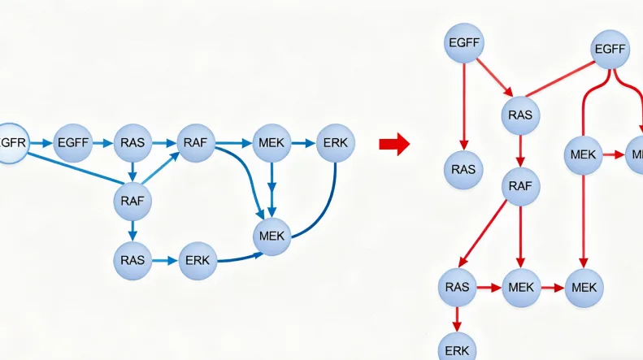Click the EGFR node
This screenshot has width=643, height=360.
pos(12,143)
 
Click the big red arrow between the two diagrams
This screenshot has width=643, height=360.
pos(393,145)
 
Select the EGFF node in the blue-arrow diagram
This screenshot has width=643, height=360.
pos(72,143)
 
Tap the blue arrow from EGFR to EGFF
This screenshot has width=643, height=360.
pos(41,143)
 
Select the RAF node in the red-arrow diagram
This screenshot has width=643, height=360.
pos(519,186)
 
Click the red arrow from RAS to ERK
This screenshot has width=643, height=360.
pos(457,316)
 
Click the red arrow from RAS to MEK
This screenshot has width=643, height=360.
pos(488,287)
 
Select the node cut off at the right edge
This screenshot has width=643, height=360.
pos(635,154)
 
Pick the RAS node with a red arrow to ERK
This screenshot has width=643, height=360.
pos(457,287)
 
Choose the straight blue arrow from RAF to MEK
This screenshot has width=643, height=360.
pos(233,143)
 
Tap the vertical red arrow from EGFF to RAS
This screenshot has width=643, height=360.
pos(464,105)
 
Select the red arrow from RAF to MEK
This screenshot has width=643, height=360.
pos(519,236)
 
